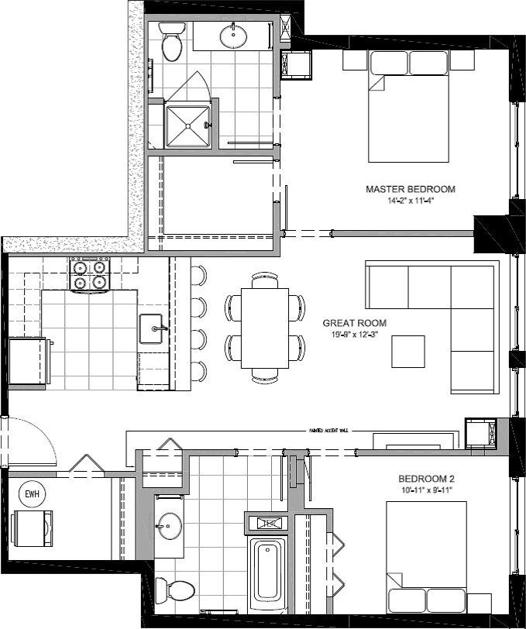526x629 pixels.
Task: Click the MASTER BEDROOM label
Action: (x=410, y=189)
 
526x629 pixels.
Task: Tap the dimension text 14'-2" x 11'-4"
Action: (x=410, y=200)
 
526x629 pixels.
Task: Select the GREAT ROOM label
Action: (x=355, y=324)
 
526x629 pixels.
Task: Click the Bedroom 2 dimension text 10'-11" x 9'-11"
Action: (x=426, y=490)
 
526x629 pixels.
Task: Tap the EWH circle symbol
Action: (x=32, y=493)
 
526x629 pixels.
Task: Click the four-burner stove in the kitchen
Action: (x=90, y=275)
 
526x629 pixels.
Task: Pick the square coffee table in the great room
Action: (x=408, y=351)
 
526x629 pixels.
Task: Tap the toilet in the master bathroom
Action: (x=171, y=43)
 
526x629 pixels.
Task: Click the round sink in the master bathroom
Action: (x=233, y=36)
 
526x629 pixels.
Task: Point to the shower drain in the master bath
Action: (x=206, y=125)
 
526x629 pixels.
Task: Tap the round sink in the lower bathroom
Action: (x=167, y=528)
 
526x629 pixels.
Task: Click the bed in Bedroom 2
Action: (x=426, y=556)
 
